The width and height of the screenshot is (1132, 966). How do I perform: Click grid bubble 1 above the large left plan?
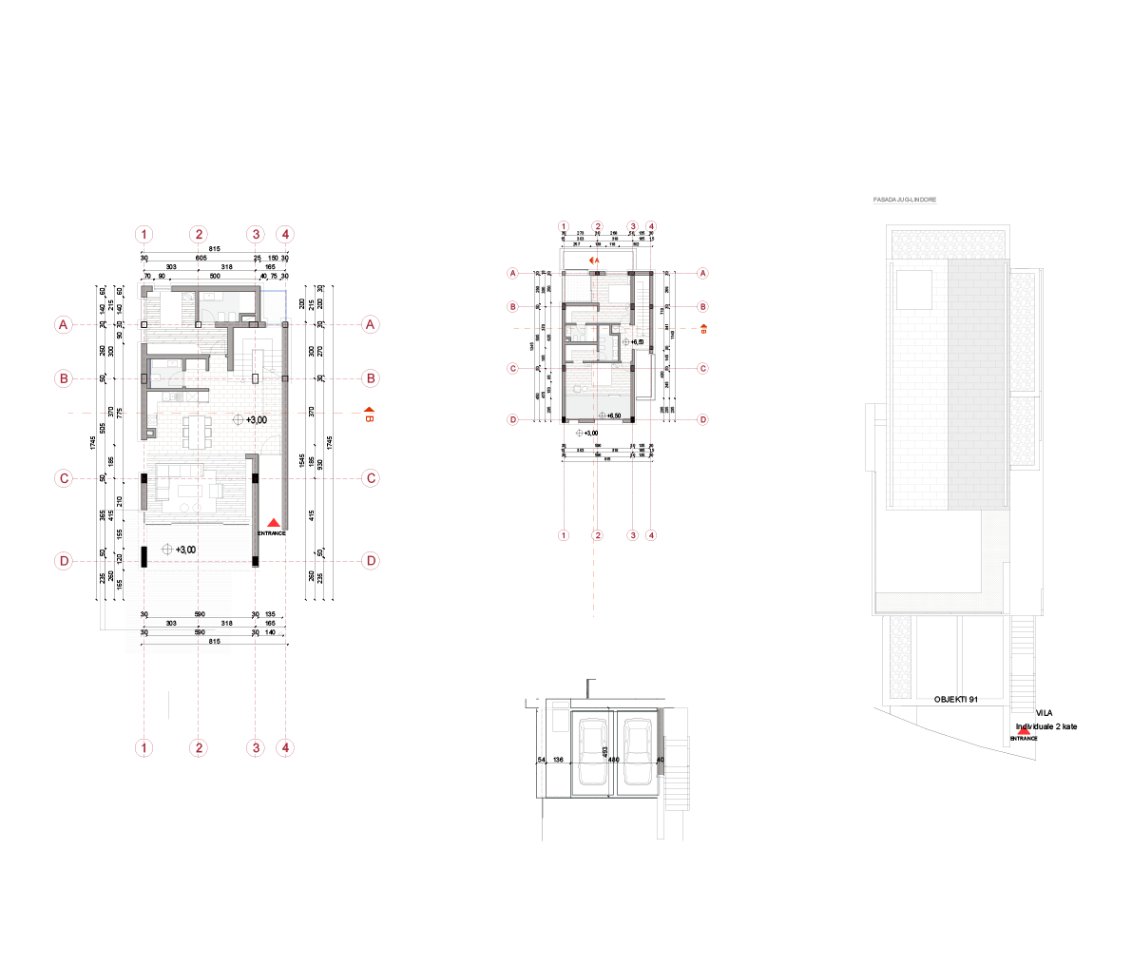click(x=144, y=234)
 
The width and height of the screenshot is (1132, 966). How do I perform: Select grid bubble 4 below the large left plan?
click(x=286, y=748)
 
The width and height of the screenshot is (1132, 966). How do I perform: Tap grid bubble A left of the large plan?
click(x=64, y=325)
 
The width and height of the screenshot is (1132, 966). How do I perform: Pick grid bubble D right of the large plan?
click(x=371, y=561)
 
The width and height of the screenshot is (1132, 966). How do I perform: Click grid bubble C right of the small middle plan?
click(x=703, y=369)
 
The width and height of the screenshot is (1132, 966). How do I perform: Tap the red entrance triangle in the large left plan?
click(x=273, y=523)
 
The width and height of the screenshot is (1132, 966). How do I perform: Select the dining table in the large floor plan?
click(x=198, y=433)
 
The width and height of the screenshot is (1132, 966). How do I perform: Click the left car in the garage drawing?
click(x=592, y=752)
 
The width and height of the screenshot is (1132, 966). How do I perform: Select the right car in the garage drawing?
click(x=636, y=752)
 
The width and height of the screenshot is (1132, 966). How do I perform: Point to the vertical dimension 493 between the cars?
click(x=605, y=751)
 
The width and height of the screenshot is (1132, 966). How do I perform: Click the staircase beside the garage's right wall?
click(x=677, y=775)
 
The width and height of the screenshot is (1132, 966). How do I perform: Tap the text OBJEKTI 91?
click(x=955, y=700)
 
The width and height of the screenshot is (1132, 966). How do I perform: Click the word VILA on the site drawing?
click(x=1044, y=712)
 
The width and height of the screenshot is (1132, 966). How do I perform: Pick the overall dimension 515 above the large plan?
click(x=215, y=249)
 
